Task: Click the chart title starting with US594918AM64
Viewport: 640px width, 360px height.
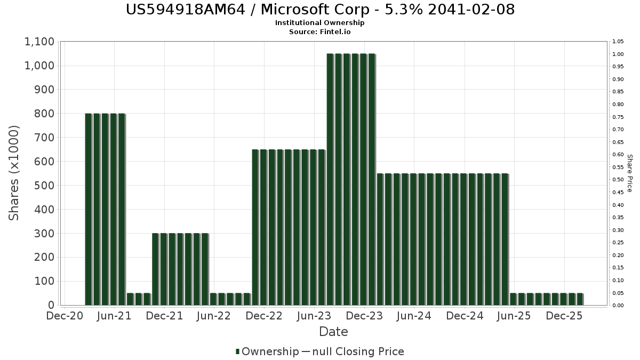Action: pyautogui.click(x=320, y=10)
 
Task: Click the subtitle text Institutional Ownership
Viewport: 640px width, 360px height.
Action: pyautogui.click(x=320, y=23)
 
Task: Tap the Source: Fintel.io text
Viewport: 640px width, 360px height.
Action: pyautogui.click(x=320, y=31)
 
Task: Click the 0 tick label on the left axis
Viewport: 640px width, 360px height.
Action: pyautogui.click(x=51, y=305)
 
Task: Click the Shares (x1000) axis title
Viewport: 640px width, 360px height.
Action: pyautogui.click(x=14, y=173)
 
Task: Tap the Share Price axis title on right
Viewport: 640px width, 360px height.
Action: pyautogui.click(x=629, y=173)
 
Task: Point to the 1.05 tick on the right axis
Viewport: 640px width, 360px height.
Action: pyautogui.click(x=618, y=42)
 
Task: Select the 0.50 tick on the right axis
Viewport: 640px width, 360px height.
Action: pyautogui.click(x=618, y=180)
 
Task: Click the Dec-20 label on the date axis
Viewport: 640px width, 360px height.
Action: pyautogui.click(x=65, y=316)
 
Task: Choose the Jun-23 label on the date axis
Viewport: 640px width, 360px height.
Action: pyautogui.click(x=315, y=316)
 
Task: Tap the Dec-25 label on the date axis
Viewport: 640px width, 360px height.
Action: pyautogui.click(x=564, y=316)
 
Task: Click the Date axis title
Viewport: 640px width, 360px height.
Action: pyautogui.click(x=333, y=332)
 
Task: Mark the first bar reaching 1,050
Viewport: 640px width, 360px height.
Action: pyautogui.click(x=330, y=179)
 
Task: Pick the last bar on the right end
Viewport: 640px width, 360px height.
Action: pyautogui.click(x=580, y=299)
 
